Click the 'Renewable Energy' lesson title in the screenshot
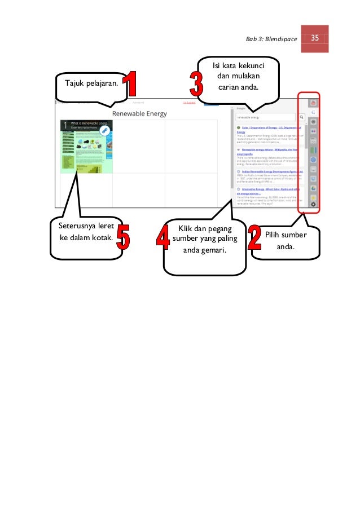click(139, 114)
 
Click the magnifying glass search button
click(302, 118)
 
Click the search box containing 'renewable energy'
click(265, 118)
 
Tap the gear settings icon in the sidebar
click(314, 205)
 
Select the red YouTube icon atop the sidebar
click(314, 103)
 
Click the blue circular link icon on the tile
click(104, 130)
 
